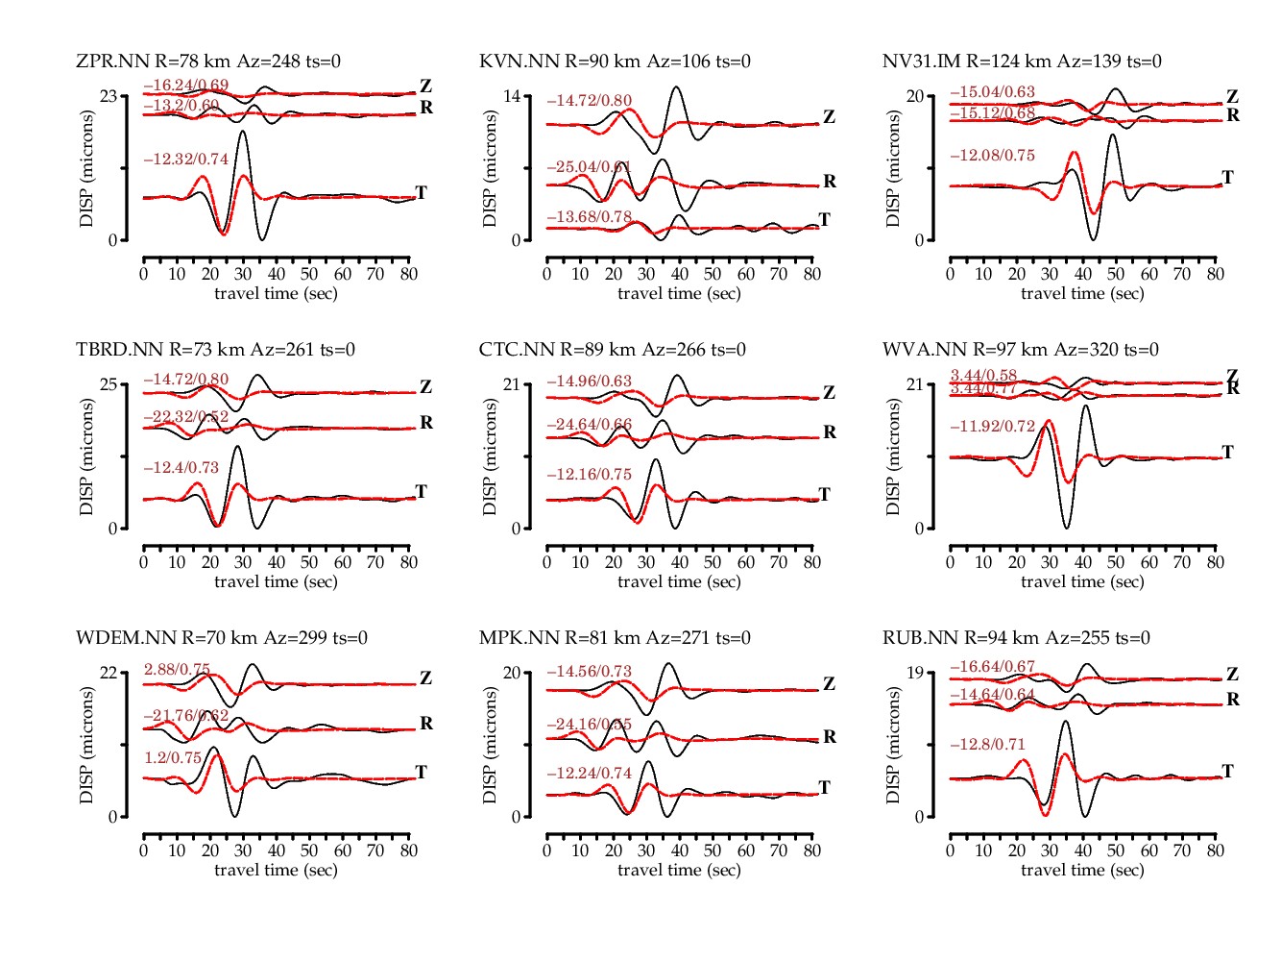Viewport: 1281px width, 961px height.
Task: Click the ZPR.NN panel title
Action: (208, 62)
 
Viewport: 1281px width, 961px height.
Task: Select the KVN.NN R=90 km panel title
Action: (615, 62)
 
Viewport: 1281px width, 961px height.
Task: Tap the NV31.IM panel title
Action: (1022, 62)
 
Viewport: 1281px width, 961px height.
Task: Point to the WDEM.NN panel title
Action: (222, 638)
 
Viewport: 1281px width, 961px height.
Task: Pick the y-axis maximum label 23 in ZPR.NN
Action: (109, 96)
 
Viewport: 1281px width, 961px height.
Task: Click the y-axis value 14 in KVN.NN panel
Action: (513, 96)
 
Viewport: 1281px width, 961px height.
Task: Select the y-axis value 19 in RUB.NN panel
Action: (916, 673)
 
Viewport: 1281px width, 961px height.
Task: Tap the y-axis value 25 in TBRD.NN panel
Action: (109, 384)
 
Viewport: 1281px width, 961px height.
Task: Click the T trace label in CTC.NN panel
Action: (824, 495)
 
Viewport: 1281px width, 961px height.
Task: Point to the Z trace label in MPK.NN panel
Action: (830, 684)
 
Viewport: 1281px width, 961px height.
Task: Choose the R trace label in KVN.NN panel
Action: (830, 182)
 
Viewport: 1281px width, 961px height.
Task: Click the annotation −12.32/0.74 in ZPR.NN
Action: (186, 160)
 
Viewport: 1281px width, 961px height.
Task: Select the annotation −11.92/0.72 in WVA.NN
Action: (993, 427)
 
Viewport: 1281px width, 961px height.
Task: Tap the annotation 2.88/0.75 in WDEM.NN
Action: (178, 670)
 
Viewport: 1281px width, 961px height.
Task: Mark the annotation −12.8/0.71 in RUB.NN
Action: (988, 745)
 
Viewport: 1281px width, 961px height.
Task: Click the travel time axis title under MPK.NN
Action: (679, 870)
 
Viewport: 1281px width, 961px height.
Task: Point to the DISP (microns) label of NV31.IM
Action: (893, 168)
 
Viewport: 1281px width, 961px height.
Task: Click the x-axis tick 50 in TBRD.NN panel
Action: (309, 562)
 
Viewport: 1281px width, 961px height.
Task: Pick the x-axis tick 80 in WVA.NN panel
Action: (1216, 562)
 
